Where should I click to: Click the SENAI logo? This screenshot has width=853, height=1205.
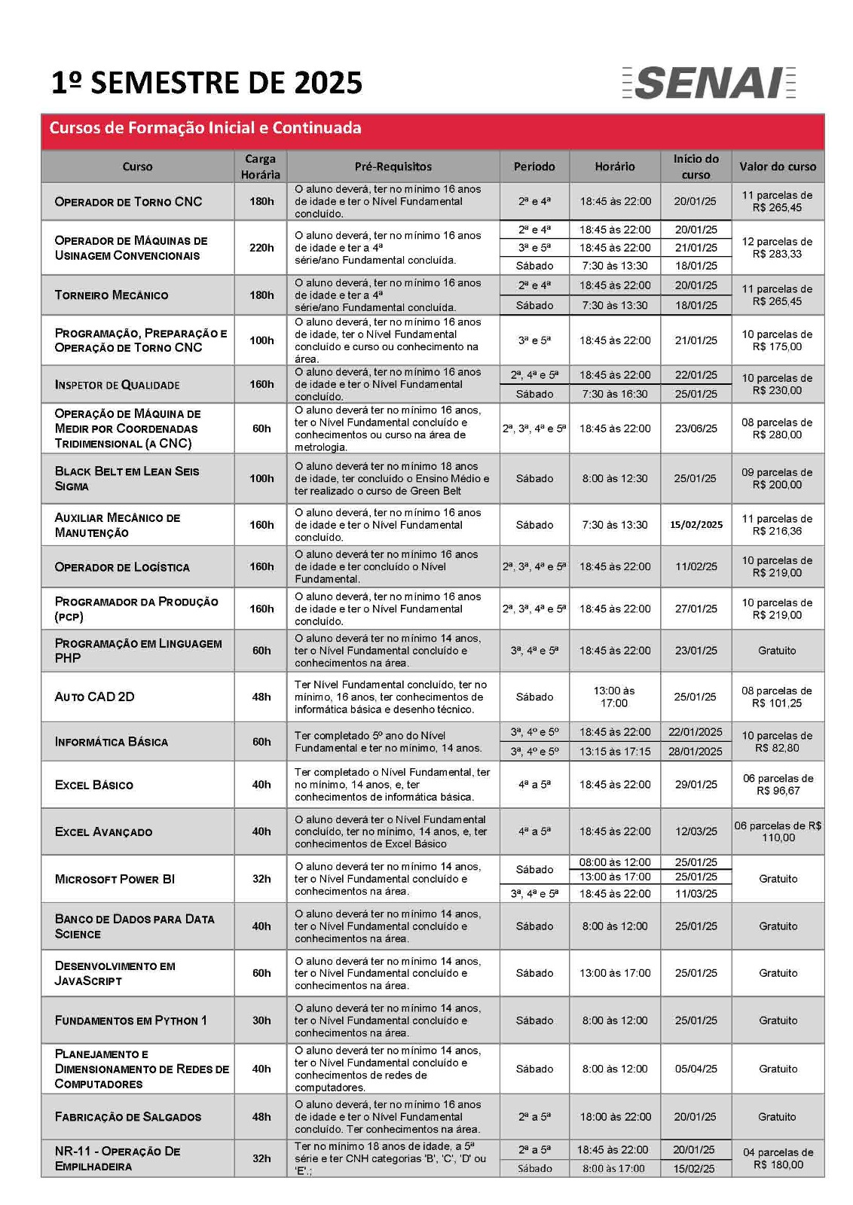coord(709,83)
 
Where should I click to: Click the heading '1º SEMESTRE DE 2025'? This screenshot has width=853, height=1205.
coord(206,83)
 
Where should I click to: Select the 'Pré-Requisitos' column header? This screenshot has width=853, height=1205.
coord(393,166)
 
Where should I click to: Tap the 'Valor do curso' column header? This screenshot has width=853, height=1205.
coord(778,166)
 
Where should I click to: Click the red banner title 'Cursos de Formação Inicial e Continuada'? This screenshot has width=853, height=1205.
coord(205,128)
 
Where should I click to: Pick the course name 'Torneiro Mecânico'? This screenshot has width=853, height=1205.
coord(112,295)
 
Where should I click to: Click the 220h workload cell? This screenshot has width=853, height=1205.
coord(261,248)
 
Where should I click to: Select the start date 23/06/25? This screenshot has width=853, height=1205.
coord(696,429)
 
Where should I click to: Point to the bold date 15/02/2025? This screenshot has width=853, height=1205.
coord(696,525)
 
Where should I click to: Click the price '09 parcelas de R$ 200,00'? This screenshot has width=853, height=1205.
coord(777,478)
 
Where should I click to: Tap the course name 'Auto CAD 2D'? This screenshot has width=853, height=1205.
coord(95,697)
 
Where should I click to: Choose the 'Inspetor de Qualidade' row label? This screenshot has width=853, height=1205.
coord(118,385)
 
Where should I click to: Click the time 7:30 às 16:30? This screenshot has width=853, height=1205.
coord(614,394)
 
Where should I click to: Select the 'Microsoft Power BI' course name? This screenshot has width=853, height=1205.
coord(115,879)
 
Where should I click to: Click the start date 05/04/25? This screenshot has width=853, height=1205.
coord(696,1069)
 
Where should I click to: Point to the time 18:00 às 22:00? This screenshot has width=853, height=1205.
coord(614,1117)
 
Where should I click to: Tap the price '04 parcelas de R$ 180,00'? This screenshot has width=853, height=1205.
coord(778,1158)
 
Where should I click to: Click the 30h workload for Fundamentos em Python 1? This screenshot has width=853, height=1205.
coord(261,1020)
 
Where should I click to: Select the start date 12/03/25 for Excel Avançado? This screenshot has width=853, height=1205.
coord(696,831)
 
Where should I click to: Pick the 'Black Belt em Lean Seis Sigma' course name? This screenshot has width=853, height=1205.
coord(127,478)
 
